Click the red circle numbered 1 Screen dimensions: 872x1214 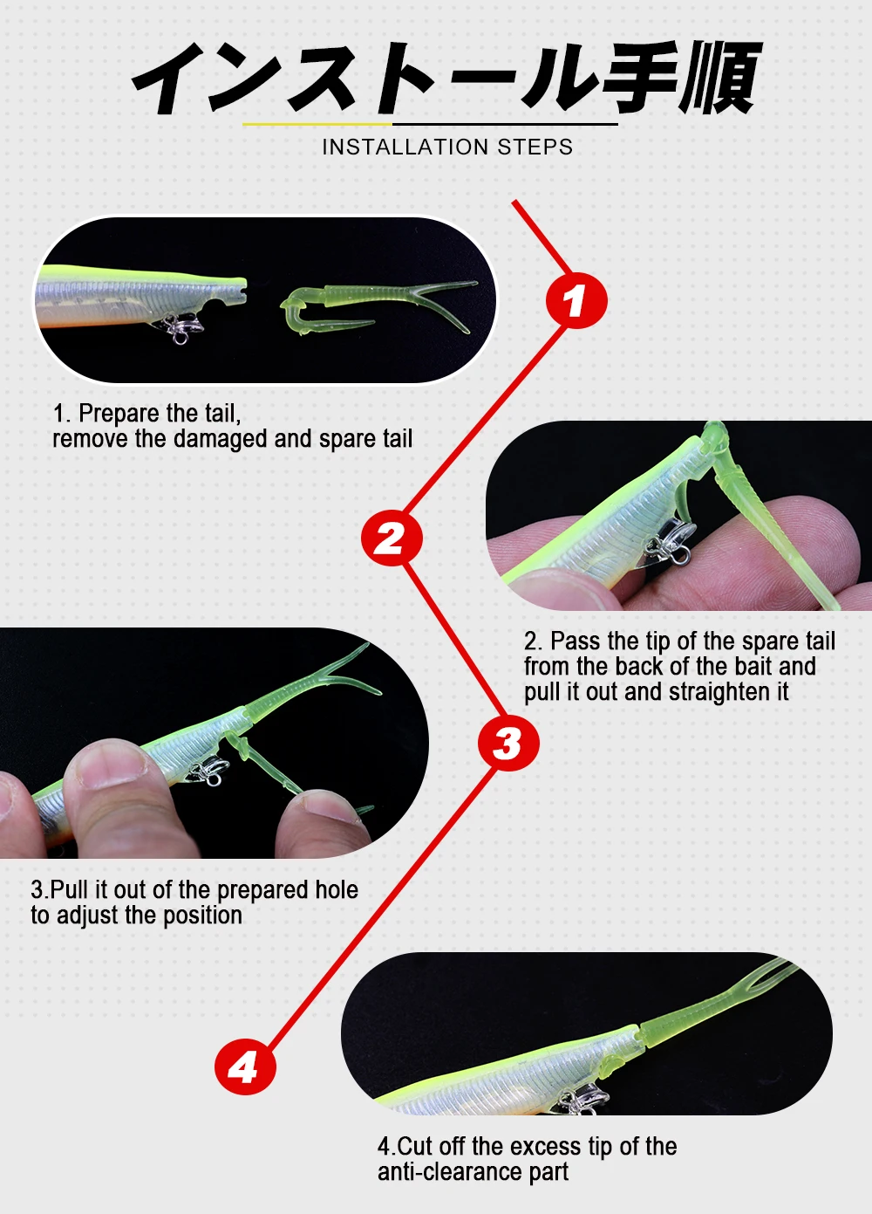576,301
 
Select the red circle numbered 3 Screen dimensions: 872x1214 508,742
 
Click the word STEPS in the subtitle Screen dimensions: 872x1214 535,147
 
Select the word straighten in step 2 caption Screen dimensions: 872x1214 715,692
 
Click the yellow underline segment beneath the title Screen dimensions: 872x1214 317,124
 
